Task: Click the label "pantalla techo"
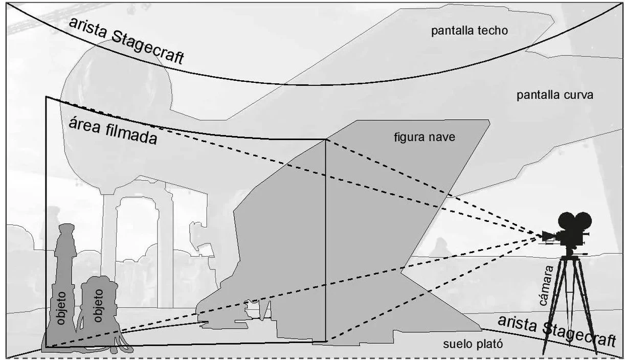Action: tap(469, 31)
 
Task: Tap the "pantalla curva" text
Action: tap(554, 95)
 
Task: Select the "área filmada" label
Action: tap(113, 131)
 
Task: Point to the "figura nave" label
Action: tap(424, 137)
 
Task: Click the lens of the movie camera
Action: tap(546, 236)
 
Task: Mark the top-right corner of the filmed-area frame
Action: tap(326, 140)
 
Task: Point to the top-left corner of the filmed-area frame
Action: tap(46, 97)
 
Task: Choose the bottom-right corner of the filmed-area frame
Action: tap(326, 342)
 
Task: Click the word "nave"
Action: tap(444, 137)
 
